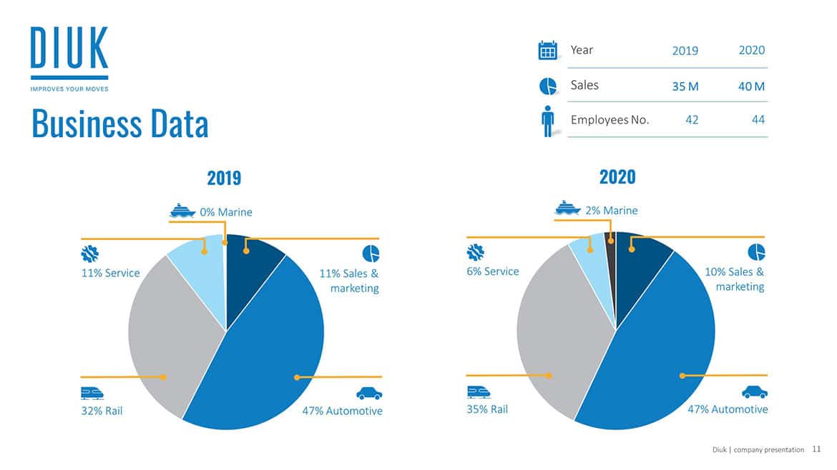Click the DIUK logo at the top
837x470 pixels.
click(69, 59)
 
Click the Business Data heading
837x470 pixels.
click(119, 124)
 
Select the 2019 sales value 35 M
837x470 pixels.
click(685, 86)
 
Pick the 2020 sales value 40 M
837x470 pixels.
click(751, 86)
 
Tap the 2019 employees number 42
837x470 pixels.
click(692, 120)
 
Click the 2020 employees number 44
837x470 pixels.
click(758, 120)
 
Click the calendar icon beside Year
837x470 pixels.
click(548, 51)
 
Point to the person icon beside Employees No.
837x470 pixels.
click(548, 121)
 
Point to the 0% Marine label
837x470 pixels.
click(226, 212)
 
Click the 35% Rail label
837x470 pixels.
click(487, 409)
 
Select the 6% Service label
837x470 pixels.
click(493, 271)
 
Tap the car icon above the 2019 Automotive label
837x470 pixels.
click(369, 394)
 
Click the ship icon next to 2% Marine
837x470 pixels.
click(568, 208)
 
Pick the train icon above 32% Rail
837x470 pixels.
click(92, 394)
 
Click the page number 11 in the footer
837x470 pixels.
click(816, 449)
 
